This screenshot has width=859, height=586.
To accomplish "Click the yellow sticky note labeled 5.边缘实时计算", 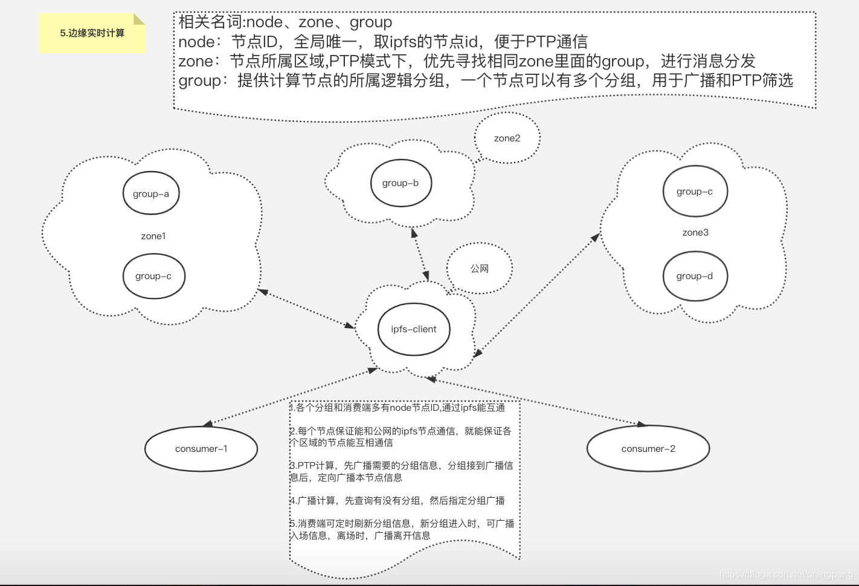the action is [x=92, y=33].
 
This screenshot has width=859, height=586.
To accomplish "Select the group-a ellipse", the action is [x=151, y=193].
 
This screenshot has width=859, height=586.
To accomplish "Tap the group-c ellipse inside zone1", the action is [x=153, y=276].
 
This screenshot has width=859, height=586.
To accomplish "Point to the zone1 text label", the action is [x=153, y=236].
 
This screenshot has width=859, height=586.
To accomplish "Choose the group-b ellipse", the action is [x=401, y=183].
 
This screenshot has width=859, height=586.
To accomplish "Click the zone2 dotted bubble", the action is [x=507, y=138].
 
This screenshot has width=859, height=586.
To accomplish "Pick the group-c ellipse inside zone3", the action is [x=695, y=192].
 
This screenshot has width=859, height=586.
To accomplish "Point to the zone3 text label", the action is [x=695, y=233].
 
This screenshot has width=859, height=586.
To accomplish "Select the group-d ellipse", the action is [x=695, y=276].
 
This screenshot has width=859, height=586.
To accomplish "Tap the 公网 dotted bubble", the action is [x=480, y=269].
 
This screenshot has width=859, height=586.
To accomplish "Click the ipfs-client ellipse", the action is [x=414, y=329].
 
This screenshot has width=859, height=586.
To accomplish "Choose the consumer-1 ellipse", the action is [x=201, y=449].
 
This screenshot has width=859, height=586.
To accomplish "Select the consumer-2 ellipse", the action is [x=648, y=449].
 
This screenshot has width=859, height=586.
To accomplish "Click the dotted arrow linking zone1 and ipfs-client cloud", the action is [x=306, y=309].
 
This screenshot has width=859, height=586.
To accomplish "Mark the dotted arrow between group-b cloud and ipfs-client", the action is [x=420, y=254].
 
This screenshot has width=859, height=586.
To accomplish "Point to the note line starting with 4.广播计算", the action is [x=397, y=501].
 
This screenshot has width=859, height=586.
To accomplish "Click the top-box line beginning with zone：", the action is [x=466, y=61].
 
